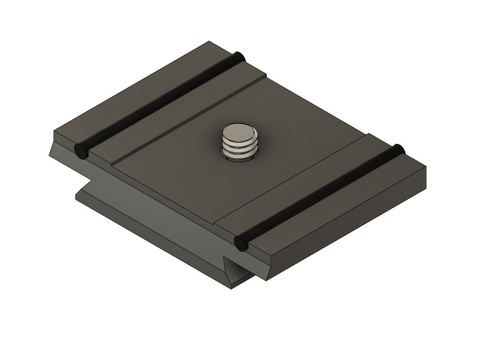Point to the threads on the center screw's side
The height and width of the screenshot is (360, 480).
click(240, 147)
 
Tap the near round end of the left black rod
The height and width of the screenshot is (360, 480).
click(81, 151)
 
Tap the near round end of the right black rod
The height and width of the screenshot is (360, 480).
click(240, 243)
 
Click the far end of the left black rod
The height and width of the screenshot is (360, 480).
click(239, 57)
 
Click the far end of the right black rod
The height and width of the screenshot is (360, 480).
click(398, 150)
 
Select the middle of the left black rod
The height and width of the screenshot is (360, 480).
click(159, 104)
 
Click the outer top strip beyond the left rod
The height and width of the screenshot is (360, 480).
click(141, 89)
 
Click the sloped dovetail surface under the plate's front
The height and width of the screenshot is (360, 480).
click(155, 220)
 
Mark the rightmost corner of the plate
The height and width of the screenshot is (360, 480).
click(426, 167)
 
